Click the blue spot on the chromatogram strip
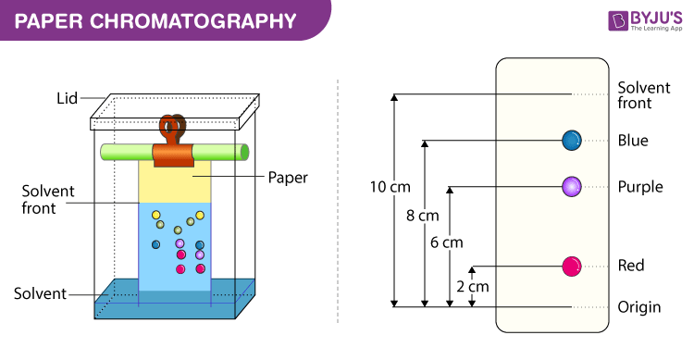click(x=571, y=141)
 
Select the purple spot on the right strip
click(x=571, y=186)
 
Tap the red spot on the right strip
click(x=571, y=267)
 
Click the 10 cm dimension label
click(x=390, y=187)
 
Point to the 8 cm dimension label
click(x=422, y=216)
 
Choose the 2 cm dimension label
click(x=472, y=286)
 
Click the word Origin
click(x=638, y=307)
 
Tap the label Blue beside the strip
click(x=633, y=142)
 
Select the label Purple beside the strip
click(x=640, y=187)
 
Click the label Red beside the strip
click(x=630, y=267)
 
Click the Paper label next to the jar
click(x=288, y=176)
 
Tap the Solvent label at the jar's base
click(x=40, y=293)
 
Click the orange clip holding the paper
click(x=172, y=148)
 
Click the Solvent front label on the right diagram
click(x=643, y=94)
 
